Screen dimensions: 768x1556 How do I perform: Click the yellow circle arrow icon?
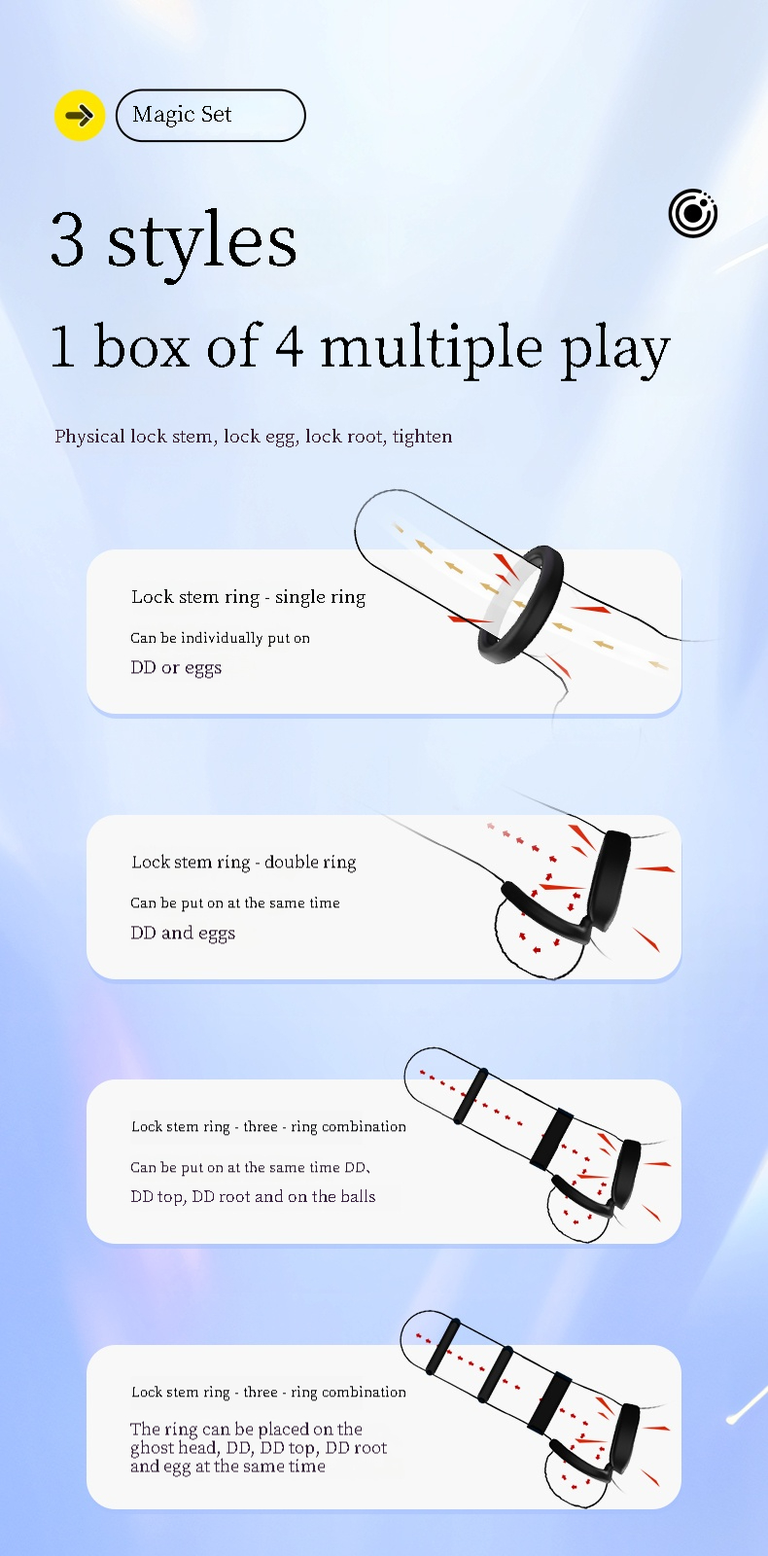(x=80, y=116)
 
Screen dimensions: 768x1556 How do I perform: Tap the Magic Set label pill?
(x=210, y=116)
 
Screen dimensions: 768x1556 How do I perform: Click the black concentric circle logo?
(x=693, y=213)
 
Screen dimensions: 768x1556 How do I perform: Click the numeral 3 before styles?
(x=68, y=239)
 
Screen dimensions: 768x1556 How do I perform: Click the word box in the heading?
(x=142, y=345)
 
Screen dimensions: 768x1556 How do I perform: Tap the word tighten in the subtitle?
(x=422, y=437)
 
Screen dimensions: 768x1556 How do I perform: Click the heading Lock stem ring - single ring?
(x=249, y=597)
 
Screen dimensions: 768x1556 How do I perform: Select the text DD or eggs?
(x=176, y=667)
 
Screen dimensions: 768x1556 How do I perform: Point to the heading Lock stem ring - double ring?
(x=244, y=862)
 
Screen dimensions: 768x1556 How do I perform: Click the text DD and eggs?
(x=184, y=933)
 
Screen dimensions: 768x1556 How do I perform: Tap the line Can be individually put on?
(x=220, y=638)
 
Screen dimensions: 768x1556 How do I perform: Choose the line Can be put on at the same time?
(x=235, y=903)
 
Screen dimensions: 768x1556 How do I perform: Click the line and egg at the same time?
(x=227, y=1467)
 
